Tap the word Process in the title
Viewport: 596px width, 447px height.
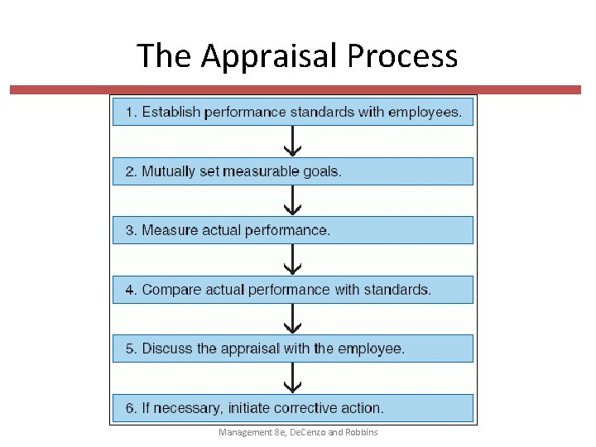pyautogui.click(x=402, y=56)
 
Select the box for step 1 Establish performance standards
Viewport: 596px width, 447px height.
pyautogui.click(x=293, y=112)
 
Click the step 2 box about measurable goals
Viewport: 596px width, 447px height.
pyautogui.click(x=293, y=171)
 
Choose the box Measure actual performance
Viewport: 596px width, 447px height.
pyautogui.click(x=293, y=230)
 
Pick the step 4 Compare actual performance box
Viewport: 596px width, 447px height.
pyautogui.click(x=293, y=290)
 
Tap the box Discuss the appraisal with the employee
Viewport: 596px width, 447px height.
pyautogui.click(x=293, y=348)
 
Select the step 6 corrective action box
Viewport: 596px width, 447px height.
pyautogui.click(x=293, y=408)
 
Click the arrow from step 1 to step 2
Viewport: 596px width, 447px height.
pyautogui.click(x=293, y=142)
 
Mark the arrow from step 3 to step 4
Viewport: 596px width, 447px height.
pyautogui.click(x=293, y=260)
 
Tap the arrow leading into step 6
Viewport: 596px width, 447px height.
pyautogui.click(x=293, y=378)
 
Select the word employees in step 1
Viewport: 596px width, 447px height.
pyautogui.click(x=425, y=112)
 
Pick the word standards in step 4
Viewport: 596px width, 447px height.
pyautogui.click(x=401, y=290)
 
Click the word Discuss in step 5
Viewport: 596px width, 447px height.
pyautogui.click(x=166, y=348)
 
